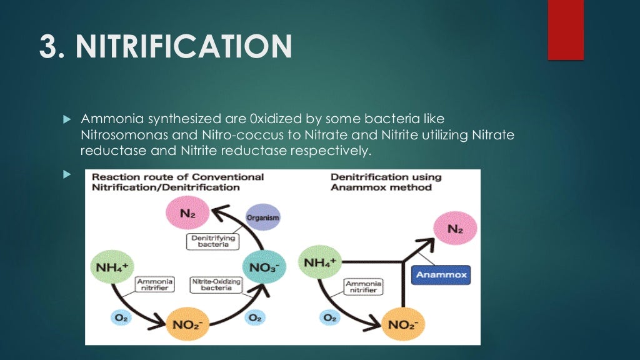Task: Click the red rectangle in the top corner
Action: point(565,29)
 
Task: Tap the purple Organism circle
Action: point(262,217)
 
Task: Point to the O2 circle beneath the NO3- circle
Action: point(254,317)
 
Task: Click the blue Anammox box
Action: point(441,274)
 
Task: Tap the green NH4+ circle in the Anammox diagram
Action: point(321,262)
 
